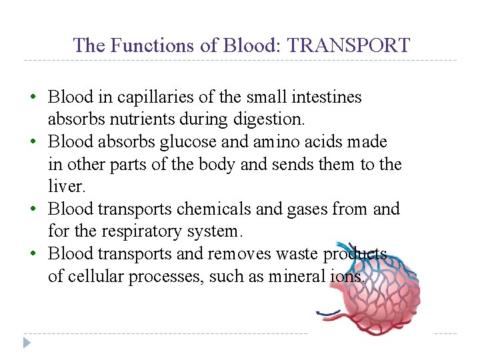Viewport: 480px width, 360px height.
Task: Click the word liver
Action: pos(63,187)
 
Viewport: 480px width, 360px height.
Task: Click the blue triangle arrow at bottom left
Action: pos(26,343)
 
